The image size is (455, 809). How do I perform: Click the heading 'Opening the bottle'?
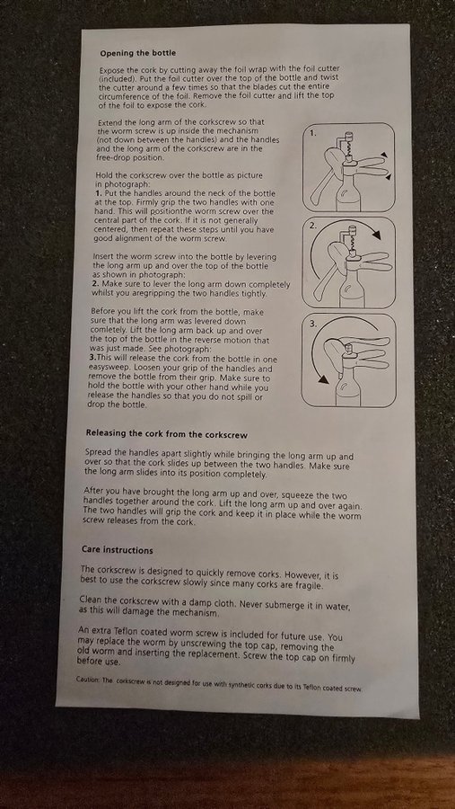[137, 53]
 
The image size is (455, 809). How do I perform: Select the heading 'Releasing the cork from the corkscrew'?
[166, 434]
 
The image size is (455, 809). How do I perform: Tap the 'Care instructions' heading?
[117, 550]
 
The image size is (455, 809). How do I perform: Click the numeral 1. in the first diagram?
[313, 133]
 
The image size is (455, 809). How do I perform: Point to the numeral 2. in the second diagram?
[313, 226]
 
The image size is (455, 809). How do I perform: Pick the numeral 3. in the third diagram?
[314, 323]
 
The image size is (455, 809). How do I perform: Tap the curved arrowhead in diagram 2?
[376, 235]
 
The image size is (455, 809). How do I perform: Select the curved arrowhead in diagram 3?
[322, 379]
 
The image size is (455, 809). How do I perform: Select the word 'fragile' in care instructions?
[307, 585]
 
